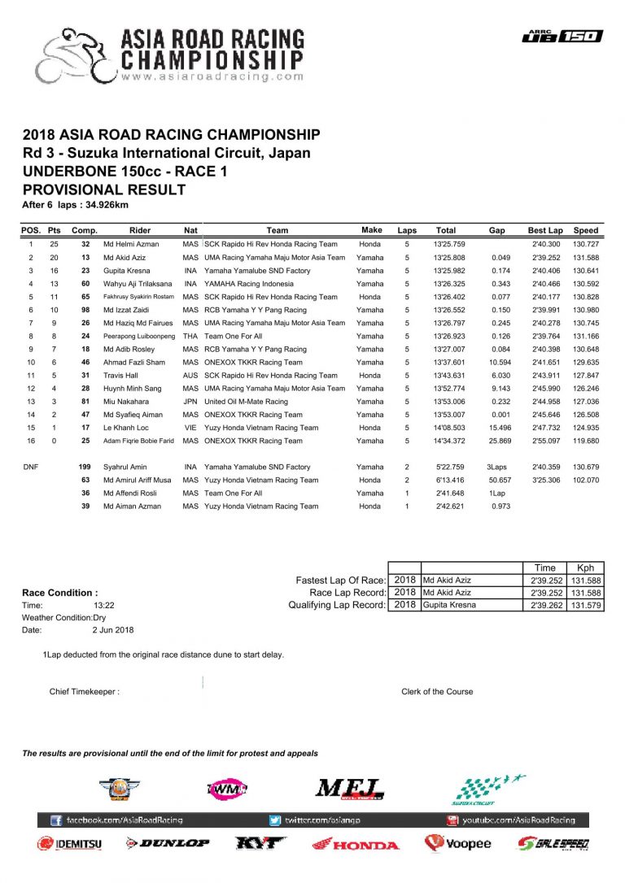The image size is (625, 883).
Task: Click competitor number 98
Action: pyautogui.click(x=85, y=310)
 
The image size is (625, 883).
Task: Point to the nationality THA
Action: pyautogui.click(x=190, y=336)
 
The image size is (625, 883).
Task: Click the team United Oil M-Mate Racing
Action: pyautogui.click(x=246, y=402)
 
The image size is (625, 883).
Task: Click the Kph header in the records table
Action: pyautogui.click(x=585, y=568)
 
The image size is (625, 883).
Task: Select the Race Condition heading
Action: pyautogui.click(x=60, y=593)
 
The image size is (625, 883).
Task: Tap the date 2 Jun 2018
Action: pyautogui.click(x=113, y=629)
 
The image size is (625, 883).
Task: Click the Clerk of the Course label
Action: pyautogui.click(x=437, y=692)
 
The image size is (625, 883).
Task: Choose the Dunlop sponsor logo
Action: pyautogui.click(x=168, y=844)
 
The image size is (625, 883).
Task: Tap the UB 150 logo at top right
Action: pyautogui.click(x=562, y=35)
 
